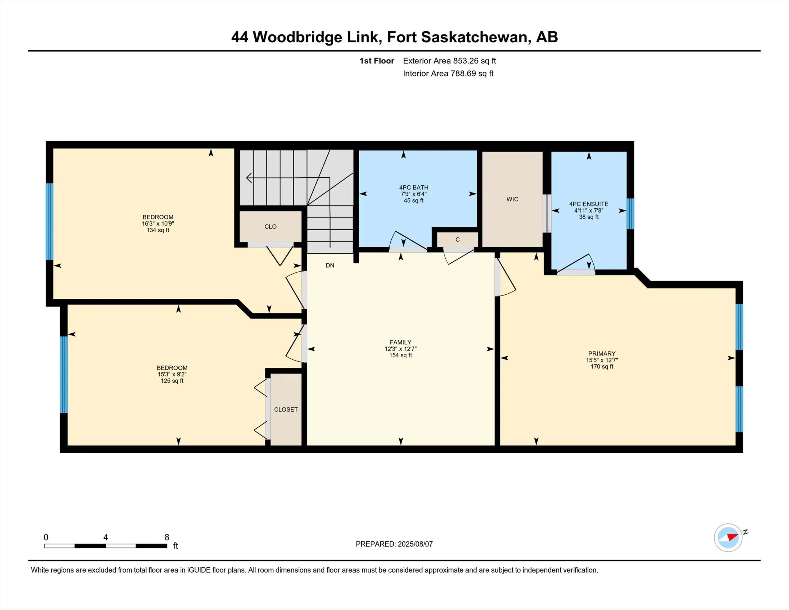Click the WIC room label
512,199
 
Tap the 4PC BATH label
414,187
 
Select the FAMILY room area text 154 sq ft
400,355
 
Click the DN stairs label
330,265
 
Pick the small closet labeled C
457,240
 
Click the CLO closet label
270,227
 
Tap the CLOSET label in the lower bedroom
286,409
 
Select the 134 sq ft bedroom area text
158,230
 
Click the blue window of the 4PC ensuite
630,214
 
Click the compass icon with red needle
728,537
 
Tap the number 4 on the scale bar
106,537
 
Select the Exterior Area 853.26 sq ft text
449,61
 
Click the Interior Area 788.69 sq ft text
448,73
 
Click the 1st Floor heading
376,61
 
